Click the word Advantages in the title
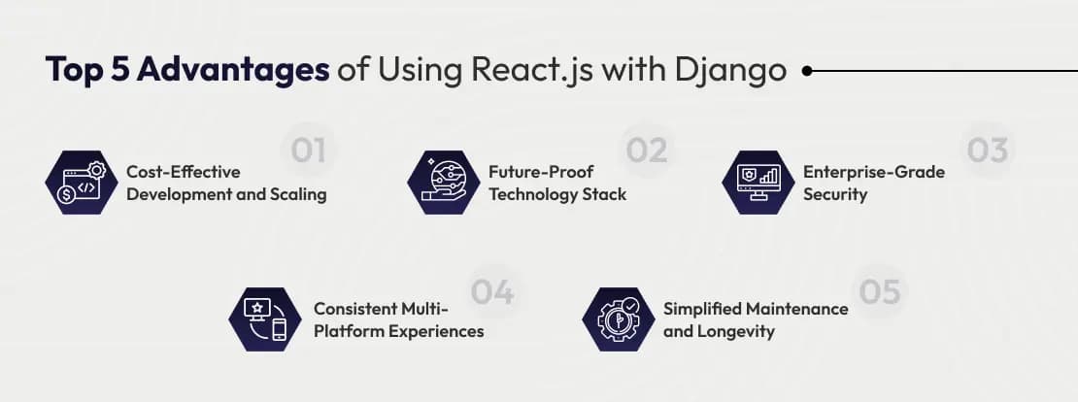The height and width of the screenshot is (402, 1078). pyautogui.click(x=233, y=71)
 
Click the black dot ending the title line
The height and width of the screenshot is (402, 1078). pyautogui.click(x=807, y=71)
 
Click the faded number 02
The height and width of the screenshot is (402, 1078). pyautogui.click(x=646, y=151)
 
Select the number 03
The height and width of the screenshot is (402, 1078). pyautogui.click(x=985, y=151)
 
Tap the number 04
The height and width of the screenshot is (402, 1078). pyautogui.click(x=492, y=291)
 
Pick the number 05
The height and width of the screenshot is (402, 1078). pyautogui.click(x=879, y=291)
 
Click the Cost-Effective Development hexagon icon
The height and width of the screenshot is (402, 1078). pyautogui.click(x=79, y=182)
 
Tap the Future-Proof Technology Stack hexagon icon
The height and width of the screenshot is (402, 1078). pyautogui.click(x=443, y=182)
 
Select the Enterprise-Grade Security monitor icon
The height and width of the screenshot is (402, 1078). pyautogui.click(x=758, y=182)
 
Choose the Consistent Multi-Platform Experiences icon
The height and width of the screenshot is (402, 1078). pyautogui.click(x=265, y=319)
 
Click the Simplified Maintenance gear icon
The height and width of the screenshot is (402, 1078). pyautogui.click(x=617, y=319)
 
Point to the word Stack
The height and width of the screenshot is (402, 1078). pyautogui.click(x=604, y=194)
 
